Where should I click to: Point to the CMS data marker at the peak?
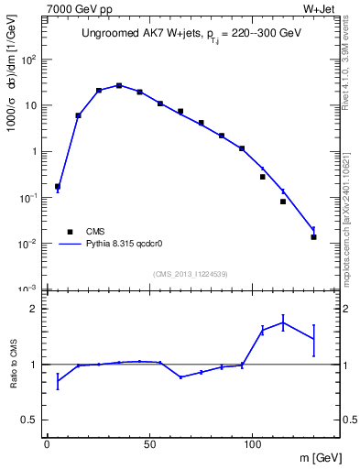coord(119,85)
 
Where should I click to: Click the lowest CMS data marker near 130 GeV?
coord(313,237)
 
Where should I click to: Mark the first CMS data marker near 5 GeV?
coord(58,186)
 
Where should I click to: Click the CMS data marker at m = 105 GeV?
coord(262,177)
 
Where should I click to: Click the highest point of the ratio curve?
coord(283,322)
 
